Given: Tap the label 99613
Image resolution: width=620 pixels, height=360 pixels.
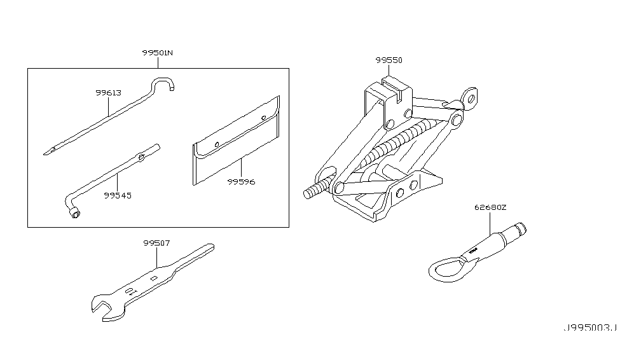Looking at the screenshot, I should tap(109, 93).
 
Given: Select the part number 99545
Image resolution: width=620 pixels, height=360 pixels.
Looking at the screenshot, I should tap(118, 196).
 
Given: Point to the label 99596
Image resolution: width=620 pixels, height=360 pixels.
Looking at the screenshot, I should tap(241, 181).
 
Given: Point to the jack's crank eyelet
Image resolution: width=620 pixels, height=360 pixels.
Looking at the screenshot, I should tap(471, 96).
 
